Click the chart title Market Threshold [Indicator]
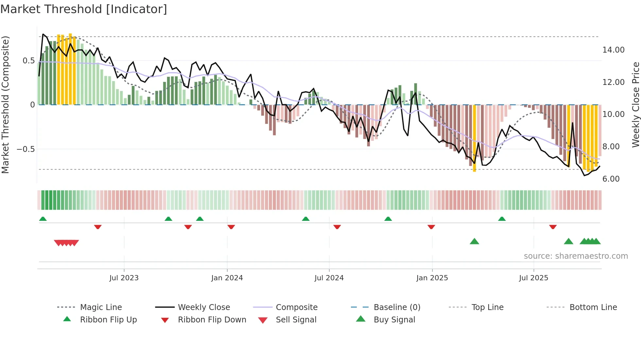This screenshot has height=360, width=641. pos(84,9)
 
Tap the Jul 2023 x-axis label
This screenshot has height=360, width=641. pos(124,278)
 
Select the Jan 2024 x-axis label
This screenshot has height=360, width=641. pos(227,278)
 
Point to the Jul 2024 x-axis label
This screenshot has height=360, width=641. pos(329,278)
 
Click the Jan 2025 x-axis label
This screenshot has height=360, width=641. pos(432,278)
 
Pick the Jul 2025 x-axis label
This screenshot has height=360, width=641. pos(533,278)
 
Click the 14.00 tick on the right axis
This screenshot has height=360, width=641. pos(613,50)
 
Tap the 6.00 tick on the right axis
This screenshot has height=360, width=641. pos(611,179)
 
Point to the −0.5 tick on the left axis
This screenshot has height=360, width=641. pos(26,149)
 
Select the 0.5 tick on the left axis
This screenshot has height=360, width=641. pos(28,61)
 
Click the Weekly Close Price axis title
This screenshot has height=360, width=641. pos(635,105)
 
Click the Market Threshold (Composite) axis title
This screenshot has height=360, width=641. pos(5,105)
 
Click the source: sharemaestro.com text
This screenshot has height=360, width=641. pos(576,256)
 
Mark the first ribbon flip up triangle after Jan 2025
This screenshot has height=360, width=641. pos(502,219)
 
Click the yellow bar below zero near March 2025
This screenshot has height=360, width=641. pos(475,137)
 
